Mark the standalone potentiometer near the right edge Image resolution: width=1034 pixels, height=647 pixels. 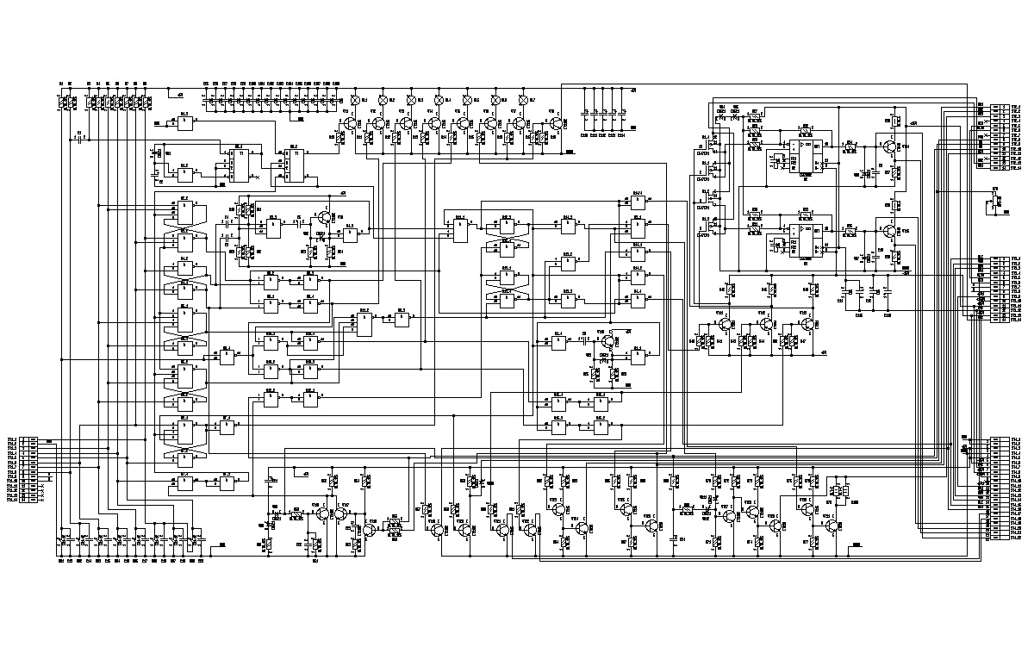(996, 204)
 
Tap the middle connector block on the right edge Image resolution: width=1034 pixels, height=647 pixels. (998, 288)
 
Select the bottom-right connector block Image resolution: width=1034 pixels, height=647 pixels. (998, 486)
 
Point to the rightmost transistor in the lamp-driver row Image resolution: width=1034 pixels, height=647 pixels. (556, 124)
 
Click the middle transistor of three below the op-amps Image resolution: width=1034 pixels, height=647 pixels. (765, 324)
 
